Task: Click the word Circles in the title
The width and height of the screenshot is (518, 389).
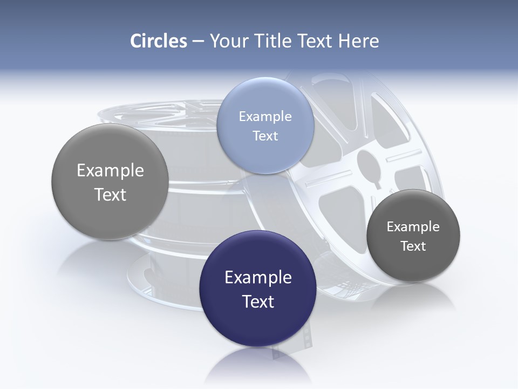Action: (x=158, y=41)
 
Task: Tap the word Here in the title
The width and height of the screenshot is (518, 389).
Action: (x=358, y=41)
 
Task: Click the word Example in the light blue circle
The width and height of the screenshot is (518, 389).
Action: (x=265, y=116)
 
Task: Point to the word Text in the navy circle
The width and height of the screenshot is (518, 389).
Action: (x=258, y=301)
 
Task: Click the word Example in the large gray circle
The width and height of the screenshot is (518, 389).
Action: (x=110, y=171)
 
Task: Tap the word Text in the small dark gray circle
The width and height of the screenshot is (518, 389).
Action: (x=413, y=246)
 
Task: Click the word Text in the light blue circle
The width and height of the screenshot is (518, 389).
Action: (x=265, y=136)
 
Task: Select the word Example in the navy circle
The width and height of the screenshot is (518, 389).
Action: (x=258, y=278)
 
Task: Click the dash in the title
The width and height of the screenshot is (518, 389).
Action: (x=198, y=42)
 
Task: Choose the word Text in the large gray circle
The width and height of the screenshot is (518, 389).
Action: (x=110, y=194)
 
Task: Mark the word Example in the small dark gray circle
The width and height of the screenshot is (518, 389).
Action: (x=413, y=227)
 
